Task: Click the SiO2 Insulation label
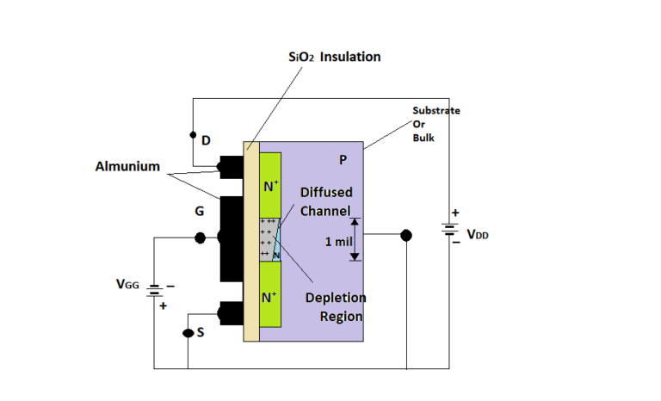click(334, 57)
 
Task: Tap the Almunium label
click(127, 166)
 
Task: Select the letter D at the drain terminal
click(206, 140)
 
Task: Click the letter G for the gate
click(199, 210)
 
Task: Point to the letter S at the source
click(201, 333)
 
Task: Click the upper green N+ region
click(270, 185)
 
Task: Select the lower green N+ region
click(270, 297)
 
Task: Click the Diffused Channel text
click(325, 201)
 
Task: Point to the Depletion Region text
click(336, 306)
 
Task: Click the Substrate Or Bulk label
click(436, 124)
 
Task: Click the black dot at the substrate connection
click(406, 235)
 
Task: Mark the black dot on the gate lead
click(201, 238)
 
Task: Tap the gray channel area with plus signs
click(269, 238)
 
